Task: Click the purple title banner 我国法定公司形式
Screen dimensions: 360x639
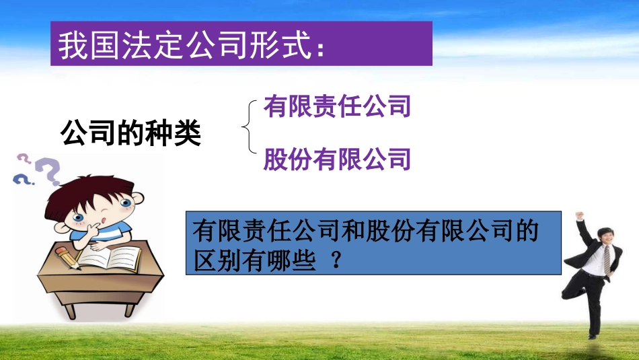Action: (241, 44)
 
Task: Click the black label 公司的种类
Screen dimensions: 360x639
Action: (130, 133)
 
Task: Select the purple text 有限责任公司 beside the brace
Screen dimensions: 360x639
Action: (337, 107)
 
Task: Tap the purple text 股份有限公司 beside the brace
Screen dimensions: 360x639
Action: (337, 159)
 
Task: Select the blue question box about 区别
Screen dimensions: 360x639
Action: (373, 243)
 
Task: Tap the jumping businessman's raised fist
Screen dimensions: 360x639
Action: (578, 217)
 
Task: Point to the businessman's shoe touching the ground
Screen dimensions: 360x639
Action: (592, 334)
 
